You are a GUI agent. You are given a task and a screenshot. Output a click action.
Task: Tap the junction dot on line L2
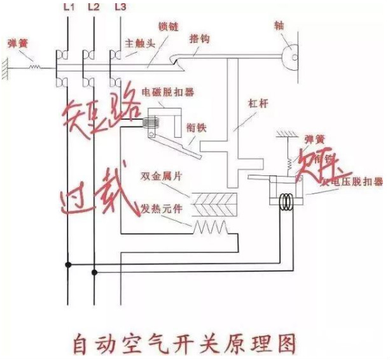[x=94, y=272]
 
